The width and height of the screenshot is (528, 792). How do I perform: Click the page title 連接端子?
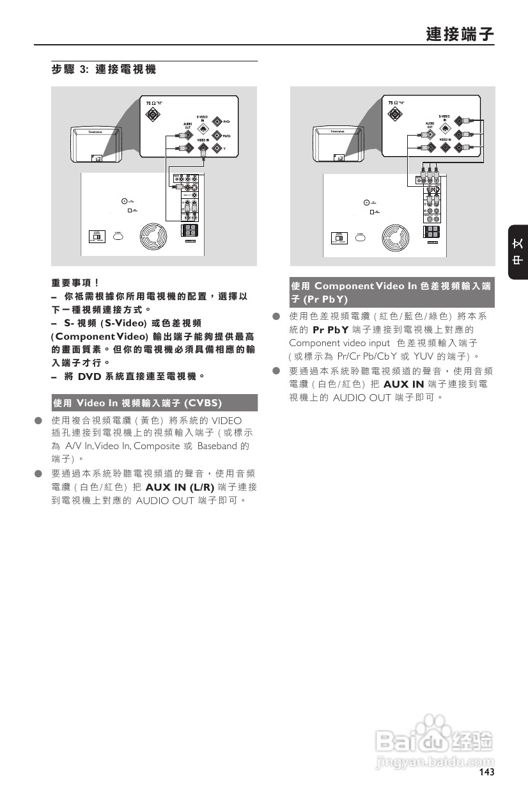tap(460, 34)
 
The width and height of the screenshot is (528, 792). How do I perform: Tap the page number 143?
tap(486, 772)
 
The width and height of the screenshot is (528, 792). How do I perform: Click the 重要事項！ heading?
tap(75, 281)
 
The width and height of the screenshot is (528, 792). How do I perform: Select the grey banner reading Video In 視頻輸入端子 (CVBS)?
tap(154, 402)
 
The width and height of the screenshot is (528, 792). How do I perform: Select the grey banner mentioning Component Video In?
tap(392, 292)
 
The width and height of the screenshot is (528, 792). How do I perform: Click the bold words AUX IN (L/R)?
tap(180, 487)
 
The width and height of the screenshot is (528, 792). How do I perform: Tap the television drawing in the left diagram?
tap(90, 144)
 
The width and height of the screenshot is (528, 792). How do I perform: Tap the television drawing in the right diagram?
tap(332, 144)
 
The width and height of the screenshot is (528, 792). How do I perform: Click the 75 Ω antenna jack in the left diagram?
tap(152, 115)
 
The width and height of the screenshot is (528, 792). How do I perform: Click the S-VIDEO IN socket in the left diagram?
tap(203, 127)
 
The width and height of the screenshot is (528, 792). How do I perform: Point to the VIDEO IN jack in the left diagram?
tap(203, 149)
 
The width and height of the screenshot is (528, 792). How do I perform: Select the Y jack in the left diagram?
tap(217, 149)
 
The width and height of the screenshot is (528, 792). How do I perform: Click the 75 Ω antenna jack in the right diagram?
tap(395, 115)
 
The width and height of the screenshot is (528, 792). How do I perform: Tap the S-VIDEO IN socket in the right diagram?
tap(445, 127)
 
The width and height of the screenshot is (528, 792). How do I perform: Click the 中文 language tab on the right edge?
tap(518, 252)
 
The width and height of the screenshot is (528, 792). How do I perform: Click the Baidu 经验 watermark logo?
tap(435, 742)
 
